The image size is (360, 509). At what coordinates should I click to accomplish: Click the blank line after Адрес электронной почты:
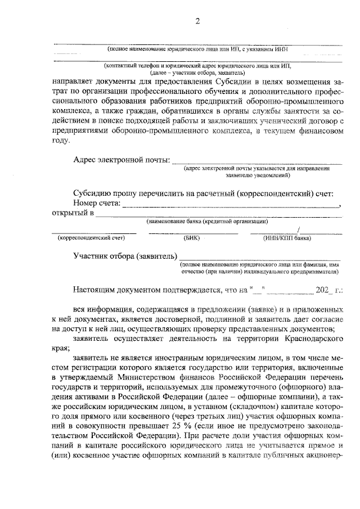tap(250, 162)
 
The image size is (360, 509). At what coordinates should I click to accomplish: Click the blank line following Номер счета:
tap(231, 206)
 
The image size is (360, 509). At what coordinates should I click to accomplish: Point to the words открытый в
tap(72, 214)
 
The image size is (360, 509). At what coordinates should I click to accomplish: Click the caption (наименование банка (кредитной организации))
tap(207, 222)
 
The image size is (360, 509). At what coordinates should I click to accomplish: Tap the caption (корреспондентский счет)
tap(91, 237)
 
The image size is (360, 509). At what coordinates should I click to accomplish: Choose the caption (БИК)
tap(192, 237)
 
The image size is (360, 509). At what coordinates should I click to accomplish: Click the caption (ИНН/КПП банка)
tap(287, 237)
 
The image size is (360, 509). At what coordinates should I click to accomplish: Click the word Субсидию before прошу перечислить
tap(93, 193)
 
